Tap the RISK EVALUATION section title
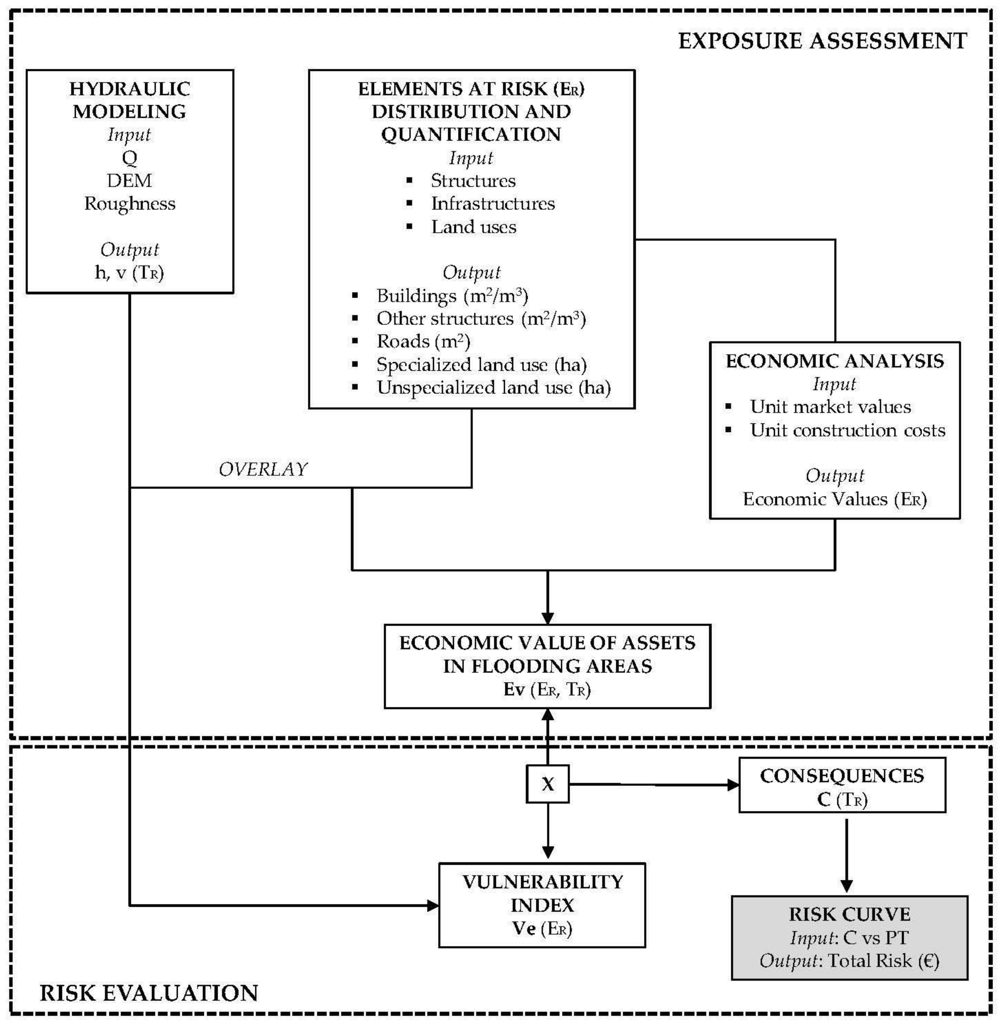tap(149, 992)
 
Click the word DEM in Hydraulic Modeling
tap(129, 180)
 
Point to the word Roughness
tap(129, 204)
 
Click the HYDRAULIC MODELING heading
tap(129, 100)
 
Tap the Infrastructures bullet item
tap(493, 204)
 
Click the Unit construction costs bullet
tap(847, 430)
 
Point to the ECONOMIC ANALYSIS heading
tap(835, 361)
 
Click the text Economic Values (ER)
tap(835, 499)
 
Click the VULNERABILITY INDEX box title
tap(542, 893)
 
